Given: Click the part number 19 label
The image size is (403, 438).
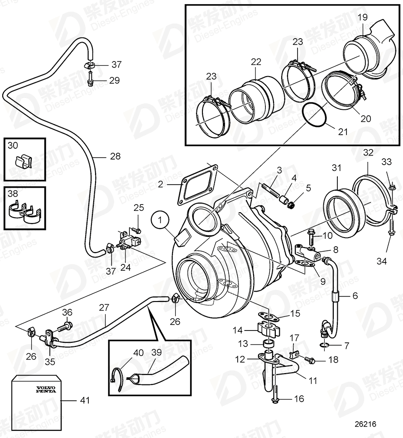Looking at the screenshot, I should click(x=362, y=18).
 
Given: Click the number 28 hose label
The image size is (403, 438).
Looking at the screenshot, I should click(x=115, y=156).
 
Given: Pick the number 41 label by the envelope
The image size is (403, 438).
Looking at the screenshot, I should click(x=85, y=401).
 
